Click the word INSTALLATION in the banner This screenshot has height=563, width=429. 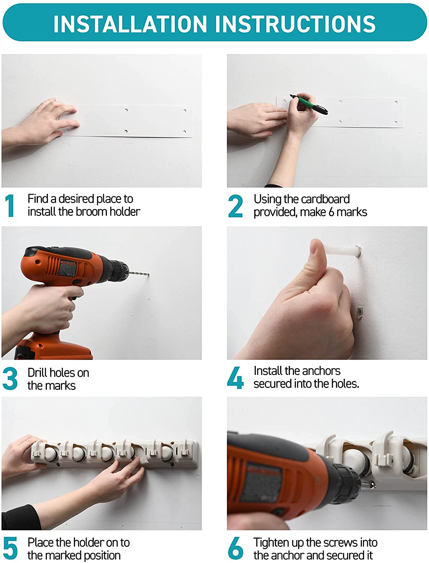pos(130,24)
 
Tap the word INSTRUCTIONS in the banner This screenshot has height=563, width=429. pos(295,24)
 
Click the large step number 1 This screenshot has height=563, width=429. pos(9,205)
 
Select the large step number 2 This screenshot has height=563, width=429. pos(235,206)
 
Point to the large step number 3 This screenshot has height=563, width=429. pos(10,379)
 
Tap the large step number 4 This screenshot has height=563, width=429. pos(235,378)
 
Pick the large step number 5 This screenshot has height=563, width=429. pos(10,548)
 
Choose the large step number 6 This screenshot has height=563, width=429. pos(235,548)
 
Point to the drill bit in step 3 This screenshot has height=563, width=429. pos(139,273)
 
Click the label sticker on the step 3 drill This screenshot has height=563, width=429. pos(68,267)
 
